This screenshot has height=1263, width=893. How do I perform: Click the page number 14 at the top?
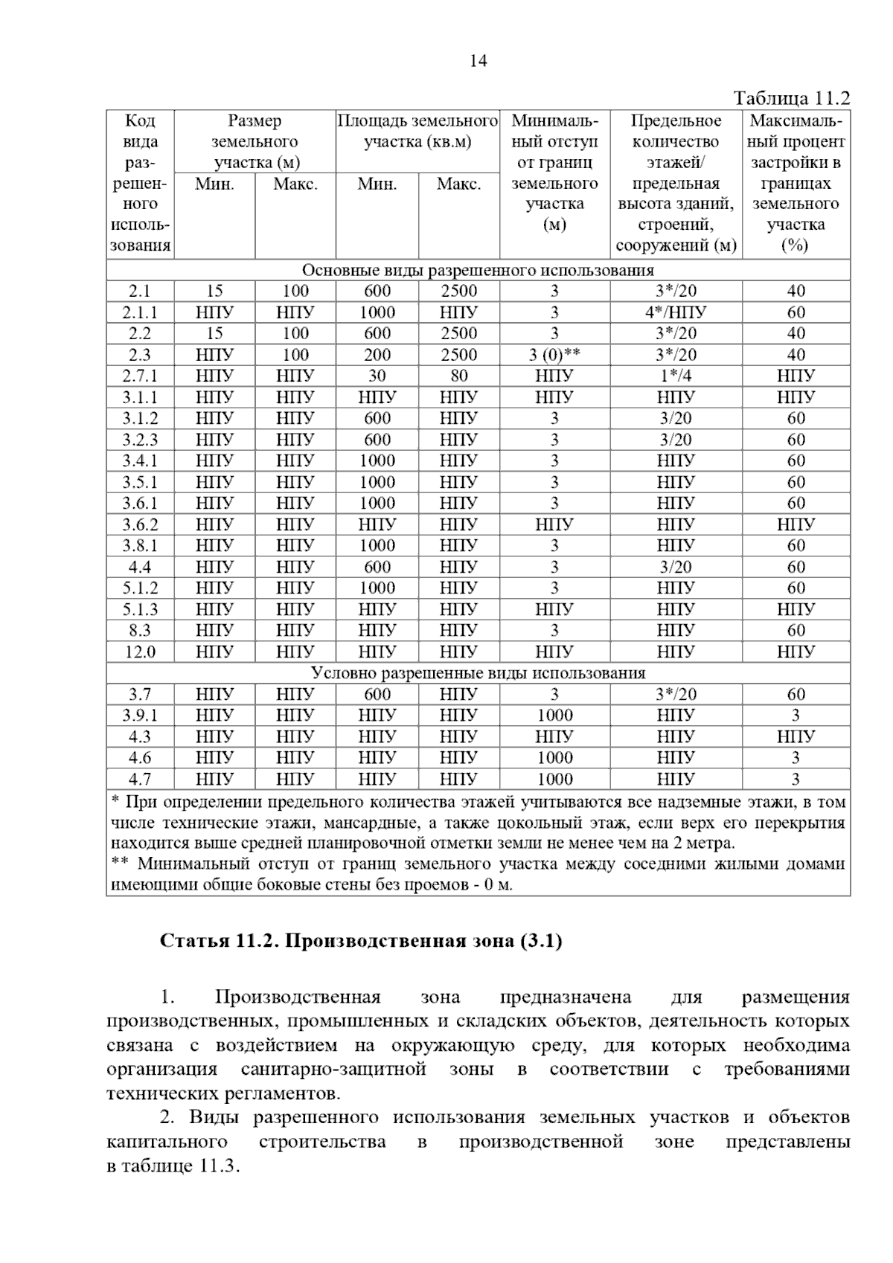point(478,62)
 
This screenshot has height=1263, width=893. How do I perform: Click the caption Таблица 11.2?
point(791,98)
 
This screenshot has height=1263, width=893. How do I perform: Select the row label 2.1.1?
point(140,312)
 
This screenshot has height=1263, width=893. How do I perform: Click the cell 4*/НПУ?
point(676,312)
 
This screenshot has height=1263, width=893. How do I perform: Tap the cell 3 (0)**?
point(554,355)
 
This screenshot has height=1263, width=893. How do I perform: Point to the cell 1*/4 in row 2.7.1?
point(676,376)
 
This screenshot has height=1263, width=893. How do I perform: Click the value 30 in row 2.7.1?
point(377,376)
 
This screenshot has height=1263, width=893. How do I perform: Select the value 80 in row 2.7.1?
point(459,376)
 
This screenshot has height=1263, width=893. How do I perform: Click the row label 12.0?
point(140,652)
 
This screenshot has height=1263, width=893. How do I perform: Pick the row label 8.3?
point(140,631)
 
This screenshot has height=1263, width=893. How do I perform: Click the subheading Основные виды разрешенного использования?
point(478,270)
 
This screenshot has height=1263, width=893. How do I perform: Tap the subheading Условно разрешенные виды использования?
point(478,673)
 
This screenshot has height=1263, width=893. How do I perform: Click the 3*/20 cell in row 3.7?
point(676,695)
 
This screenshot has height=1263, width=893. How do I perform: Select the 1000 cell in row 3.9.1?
point(554,716)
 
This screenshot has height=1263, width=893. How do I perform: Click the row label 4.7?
point(140,780)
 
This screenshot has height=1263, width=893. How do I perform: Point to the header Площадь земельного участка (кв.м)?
point(417,131)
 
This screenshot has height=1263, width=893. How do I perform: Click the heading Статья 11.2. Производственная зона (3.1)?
point(361,941)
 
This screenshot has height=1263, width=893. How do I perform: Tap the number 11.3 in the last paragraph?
point(218,1166)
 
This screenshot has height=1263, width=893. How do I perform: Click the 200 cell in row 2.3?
point(377,355)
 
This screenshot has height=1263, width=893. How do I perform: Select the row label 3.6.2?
point(140,524)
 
